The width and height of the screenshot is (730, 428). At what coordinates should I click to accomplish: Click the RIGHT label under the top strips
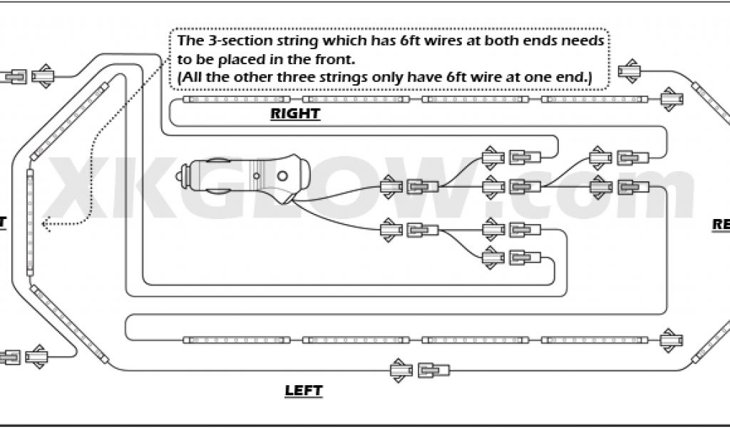pyautogui.click(x=295, y=113)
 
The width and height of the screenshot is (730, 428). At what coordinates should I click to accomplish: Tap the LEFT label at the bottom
pyautogui.click(x=304, y=390)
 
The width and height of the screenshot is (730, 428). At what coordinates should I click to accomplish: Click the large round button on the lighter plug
pyautogui.click(x=283, y=175)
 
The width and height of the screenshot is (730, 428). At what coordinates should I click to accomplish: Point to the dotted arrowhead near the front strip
pyautogui.click(x=44, y=224)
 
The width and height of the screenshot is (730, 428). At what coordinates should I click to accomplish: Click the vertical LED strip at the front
pyautogui.click(x=30, y=223)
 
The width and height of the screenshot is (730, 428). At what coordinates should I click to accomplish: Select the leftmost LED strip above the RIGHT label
pyautogui.click(x=236, y=99)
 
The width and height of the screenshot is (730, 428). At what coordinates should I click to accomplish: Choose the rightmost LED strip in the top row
pyautogui.click(x=594, y=99)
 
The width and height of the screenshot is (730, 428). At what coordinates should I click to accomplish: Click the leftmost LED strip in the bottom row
pyautogui.click(x=236, y=340)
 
